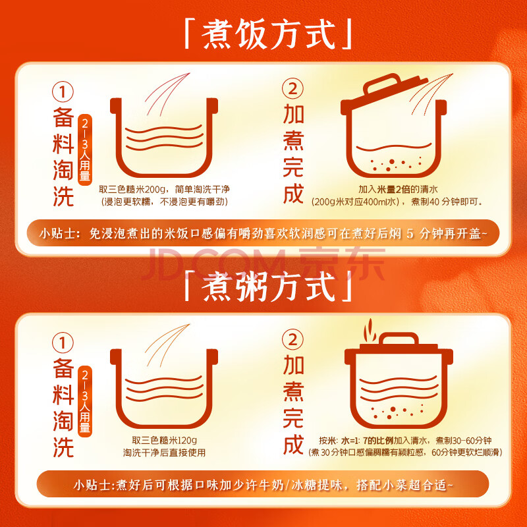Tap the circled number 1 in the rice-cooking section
63,92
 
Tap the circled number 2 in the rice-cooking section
292,89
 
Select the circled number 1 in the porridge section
63,343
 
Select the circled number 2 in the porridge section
292,339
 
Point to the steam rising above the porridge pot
370,330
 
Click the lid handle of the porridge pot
399,338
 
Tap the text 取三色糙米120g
164,440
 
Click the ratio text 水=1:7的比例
367,440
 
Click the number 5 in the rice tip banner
410,233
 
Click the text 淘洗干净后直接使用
164,453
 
